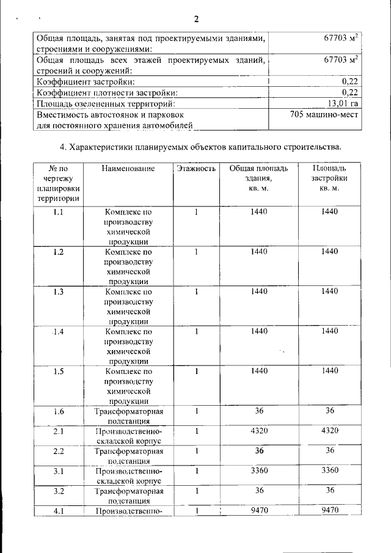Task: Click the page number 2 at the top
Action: point(197,17)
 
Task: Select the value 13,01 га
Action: point(342,103)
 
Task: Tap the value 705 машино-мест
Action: point(324,114)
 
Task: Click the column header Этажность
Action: point(196,168)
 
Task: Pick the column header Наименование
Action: point(128,168)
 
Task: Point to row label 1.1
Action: point(59,212)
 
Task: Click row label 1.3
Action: point(59,291)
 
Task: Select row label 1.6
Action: point(59,411)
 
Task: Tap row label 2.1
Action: point(59,431)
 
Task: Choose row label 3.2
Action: point(59,491)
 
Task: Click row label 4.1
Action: point(59,511)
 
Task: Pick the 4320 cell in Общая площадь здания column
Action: point(260,431)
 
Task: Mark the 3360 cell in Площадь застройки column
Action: point(329,471)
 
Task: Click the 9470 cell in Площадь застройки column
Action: point(329,510)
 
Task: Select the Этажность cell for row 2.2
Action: point(197,451)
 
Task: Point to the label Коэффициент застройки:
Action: point(86,81)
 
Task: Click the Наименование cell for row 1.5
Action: point(128,386)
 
